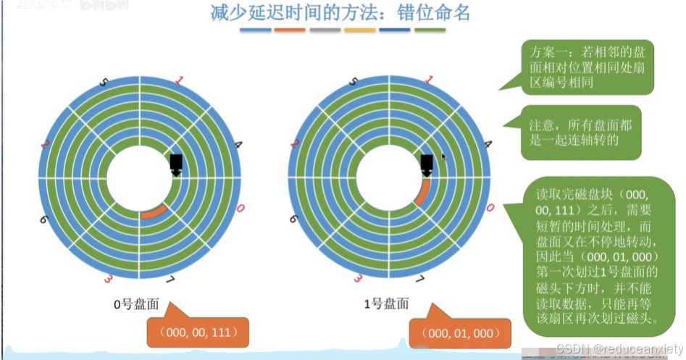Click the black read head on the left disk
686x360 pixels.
point(176,165)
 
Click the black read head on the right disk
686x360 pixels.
point(427,165)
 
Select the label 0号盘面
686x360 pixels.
point(135,305)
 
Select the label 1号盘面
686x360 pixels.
point(386,305)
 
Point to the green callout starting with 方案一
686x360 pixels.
point(587,67)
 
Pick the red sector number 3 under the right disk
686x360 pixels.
point(358,279)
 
